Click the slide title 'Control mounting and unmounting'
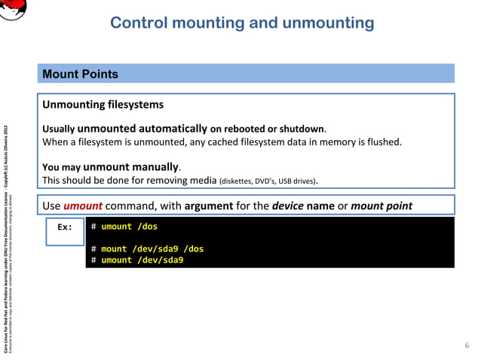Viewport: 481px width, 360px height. [241, 23]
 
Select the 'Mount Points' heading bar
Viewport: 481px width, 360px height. [248, 74]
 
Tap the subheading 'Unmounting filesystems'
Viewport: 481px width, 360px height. [103, 104]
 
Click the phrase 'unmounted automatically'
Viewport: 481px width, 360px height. [142, 128]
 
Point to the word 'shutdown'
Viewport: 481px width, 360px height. [303, 129]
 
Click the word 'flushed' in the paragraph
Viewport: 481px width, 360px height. [382, 142]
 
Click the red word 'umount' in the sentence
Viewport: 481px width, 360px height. [77, 205]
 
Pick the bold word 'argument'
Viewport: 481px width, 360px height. [211, 205]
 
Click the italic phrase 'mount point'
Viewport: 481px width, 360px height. [381, 205]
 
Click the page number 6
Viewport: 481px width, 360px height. [466, 346]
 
